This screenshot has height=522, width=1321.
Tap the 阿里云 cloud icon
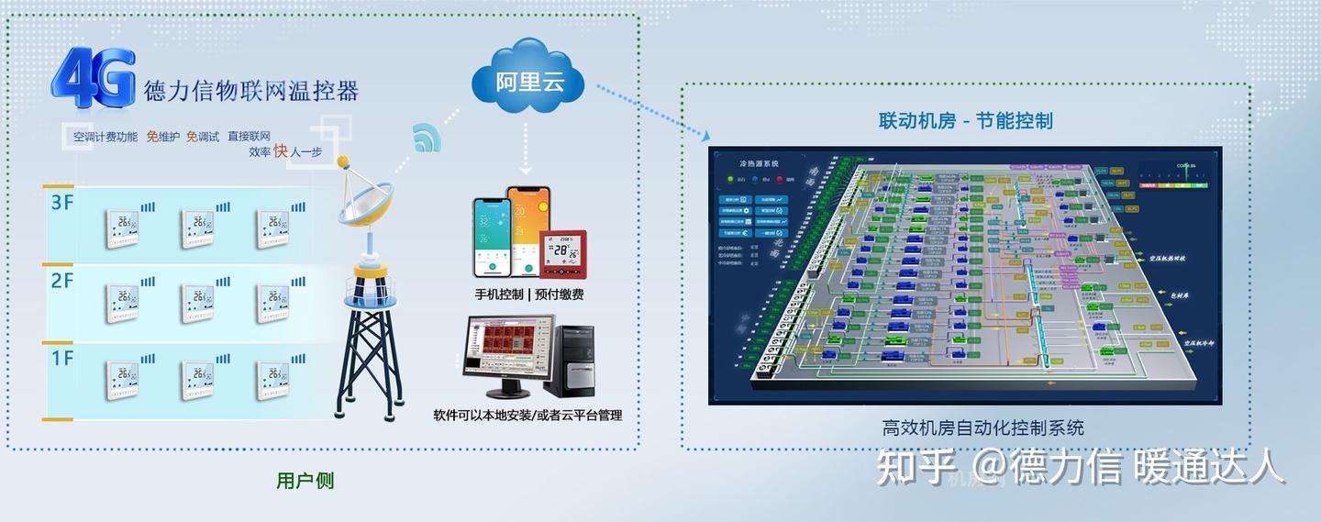click(x=527, y=82)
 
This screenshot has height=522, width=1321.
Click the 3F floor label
click(x=61, y=203)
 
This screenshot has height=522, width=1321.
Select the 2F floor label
click(x=61, y=281)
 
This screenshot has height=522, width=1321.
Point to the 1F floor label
click(x=61, y=359)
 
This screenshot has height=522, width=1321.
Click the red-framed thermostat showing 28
click(x=563, y=252)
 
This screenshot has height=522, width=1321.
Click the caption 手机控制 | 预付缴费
click(x=528, y=294)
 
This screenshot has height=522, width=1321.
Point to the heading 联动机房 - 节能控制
click(x=965, y=121)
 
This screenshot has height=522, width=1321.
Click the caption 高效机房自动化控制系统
click(x=982, y=428)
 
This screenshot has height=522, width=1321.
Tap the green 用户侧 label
click(x=305, y=481)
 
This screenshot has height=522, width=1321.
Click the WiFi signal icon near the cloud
click(x=427, y=138)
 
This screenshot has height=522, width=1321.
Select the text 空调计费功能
click(x=105, y=137)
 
